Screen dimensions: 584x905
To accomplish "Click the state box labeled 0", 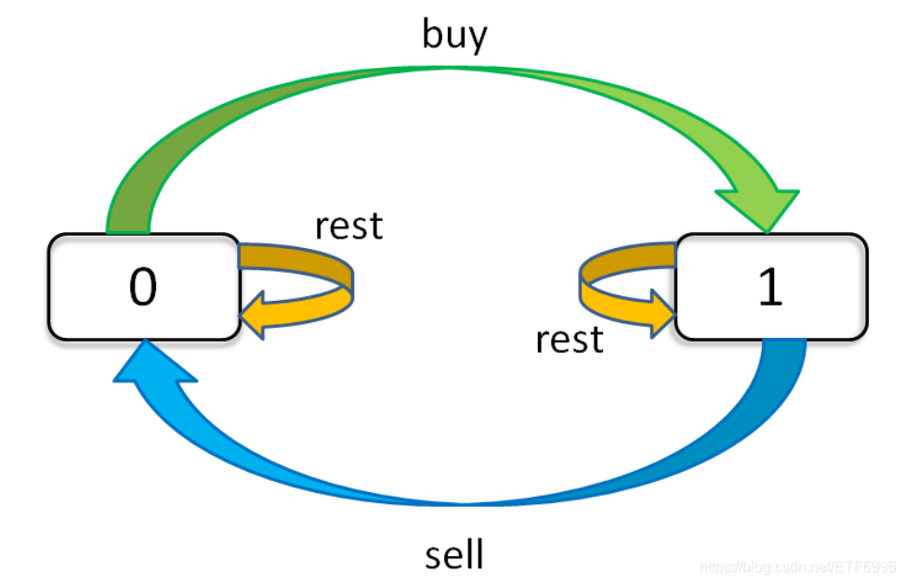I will tap(144, 286).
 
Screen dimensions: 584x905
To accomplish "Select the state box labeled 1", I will tap(771, 286).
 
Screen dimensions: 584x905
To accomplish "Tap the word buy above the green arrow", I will tap(454, 34).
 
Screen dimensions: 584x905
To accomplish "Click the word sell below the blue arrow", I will tap(454, 554).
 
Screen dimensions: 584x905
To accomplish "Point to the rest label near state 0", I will tap(348, 226).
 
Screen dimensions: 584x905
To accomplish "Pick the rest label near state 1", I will tap(569, 340).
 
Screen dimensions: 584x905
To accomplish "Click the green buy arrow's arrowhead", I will tap(758, 204).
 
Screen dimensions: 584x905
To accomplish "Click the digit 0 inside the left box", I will tap(143, 288).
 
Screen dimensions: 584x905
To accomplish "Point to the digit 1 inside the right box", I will tap(770, 288).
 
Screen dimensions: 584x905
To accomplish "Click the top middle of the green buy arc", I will tap(454, 70).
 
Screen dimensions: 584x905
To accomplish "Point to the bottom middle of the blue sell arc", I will tap(454, 502).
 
